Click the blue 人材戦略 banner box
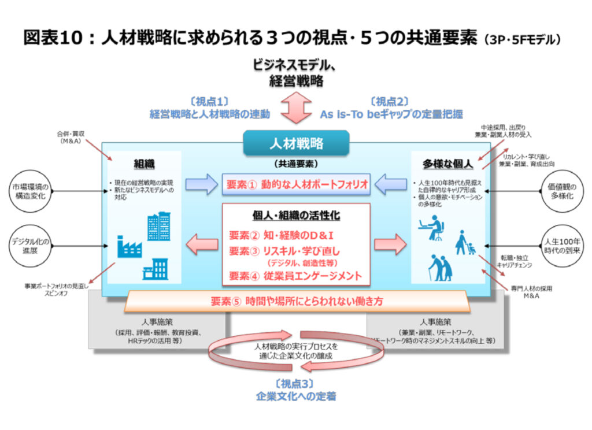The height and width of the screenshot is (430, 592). coord(296,143)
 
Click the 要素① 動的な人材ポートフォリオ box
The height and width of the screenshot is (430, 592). coord(296,184)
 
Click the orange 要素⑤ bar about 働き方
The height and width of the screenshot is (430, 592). coord(296,301)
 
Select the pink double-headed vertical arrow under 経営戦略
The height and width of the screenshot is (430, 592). coord(295,108)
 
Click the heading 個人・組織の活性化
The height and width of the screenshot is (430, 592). coord(296,215)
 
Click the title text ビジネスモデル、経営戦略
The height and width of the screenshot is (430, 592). coord(295,72)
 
